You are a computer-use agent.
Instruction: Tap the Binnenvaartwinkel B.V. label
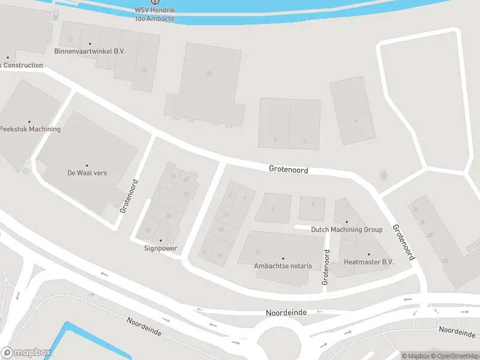pos(89,52)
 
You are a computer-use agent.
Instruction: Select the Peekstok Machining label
pos(30,129)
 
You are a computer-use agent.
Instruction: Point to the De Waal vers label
pos(87,173)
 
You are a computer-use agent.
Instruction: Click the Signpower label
pos(160,248)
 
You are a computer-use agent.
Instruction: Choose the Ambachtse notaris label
pos(283,266)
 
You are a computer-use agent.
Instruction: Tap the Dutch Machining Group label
pos(346,230)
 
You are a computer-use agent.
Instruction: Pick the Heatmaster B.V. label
pos(368,262)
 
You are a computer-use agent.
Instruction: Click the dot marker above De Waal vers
pos(87,166)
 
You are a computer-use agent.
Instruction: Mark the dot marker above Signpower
pos(160,241)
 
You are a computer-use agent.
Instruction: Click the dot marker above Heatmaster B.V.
pos(368,254)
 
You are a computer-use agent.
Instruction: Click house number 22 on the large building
pos(209,74)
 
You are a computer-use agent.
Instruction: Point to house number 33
pos(169,216)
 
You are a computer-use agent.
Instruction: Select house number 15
pos(220,229)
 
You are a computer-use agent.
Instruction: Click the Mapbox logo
pos(26,353)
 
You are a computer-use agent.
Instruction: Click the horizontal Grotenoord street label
pos(289,170)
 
